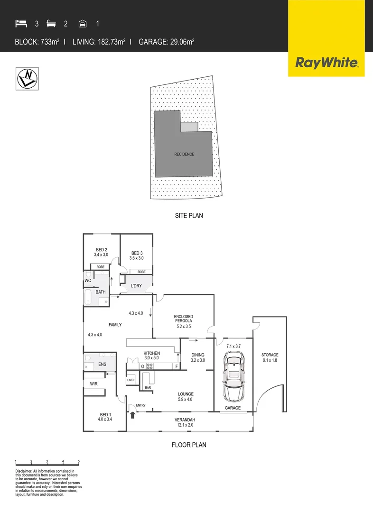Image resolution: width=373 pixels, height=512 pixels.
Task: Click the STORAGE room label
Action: pos(270,355)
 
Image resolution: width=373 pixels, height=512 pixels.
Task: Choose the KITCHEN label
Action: pos(152,353)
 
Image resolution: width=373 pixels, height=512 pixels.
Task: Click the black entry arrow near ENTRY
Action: pos(133,415)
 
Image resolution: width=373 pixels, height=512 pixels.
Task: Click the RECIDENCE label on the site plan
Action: pos(184,154)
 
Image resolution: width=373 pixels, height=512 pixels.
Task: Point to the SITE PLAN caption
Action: pos(189,215)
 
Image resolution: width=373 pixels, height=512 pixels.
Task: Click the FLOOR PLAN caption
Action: pos(189,445)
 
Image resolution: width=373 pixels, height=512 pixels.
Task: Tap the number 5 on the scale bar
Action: pos(78,461)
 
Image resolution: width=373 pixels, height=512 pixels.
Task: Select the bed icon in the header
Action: pos(21,23)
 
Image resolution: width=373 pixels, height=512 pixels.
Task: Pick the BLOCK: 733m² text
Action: pos(37,42)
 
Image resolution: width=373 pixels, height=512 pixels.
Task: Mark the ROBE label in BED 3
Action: pos(141,272)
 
